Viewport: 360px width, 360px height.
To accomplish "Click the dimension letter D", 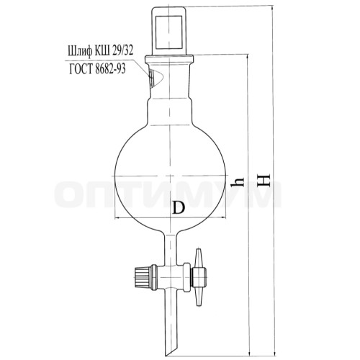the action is pyautogui.click(x=179, y=207).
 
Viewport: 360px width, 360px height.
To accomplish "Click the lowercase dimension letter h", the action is pyautogui.click(x=237, y=182).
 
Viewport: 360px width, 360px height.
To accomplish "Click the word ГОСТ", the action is pyautogui.click(x=81, y=69).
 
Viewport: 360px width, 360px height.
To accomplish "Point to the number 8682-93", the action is pyautogui.click(x=110, y=69).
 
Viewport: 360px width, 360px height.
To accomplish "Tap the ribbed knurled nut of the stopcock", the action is pyautogui.click(x=144, y=277).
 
